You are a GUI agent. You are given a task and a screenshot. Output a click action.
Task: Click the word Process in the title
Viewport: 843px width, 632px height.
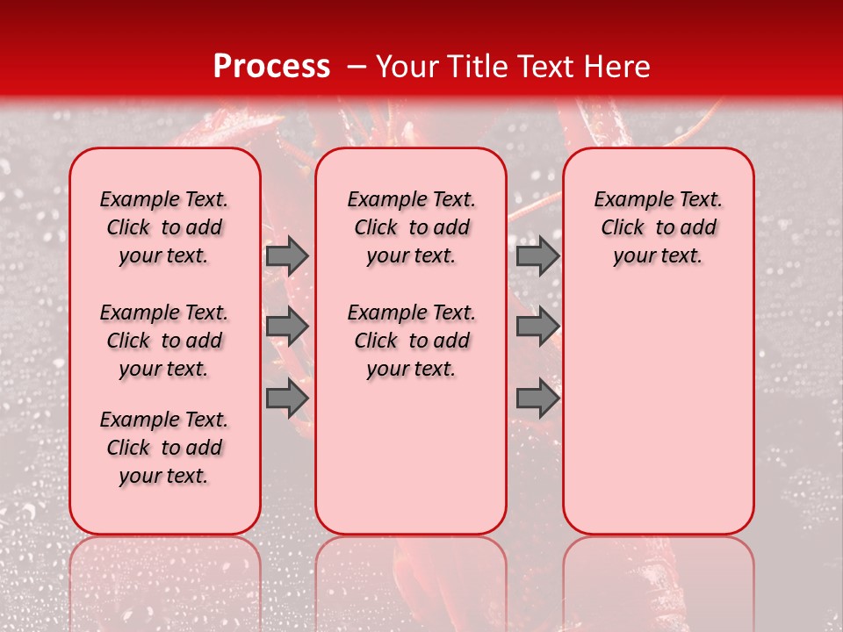tap(270, 67)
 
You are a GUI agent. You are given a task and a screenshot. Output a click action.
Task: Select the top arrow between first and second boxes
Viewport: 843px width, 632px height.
tap(286, 255)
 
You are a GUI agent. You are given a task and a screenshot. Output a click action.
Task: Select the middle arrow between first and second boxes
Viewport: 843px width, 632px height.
tap(286, 327)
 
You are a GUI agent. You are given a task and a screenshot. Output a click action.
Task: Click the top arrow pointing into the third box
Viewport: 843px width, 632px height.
tap(537, 255)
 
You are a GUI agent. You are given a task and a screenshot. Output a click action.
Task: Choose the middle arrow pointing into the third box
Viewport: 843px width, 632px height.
tap(537, 327)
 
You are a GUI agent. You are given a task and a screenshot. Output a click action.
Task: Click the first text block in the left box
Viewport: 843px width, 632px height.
tap(164, 227)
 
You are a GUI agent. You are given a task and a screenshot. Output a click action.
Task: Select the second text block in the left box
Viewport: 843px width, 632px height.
tap(164, 341)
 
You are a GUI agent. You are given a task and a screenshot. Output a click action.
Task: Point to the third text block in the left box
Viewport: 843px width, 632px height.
tap(164, 448)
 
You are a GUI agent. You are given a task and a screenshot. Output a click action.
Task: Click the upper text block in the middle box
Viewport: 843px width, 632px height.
tap(412, 227)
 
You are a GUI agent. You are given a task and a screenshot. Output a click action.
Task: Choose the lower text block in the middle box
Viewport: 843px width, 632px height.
tap(412, 341)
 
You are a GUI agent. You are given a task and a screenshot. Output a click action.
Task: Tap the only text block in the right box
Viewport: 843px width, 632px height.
tap(659, 227)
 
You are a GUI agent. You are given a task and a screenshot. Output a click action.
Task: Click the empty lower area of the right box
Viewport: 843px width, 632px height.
tap(659, 413)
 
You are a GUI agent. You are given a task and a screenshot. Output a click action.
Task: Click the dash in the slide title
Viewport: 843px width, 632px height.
tap(355, 67)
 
